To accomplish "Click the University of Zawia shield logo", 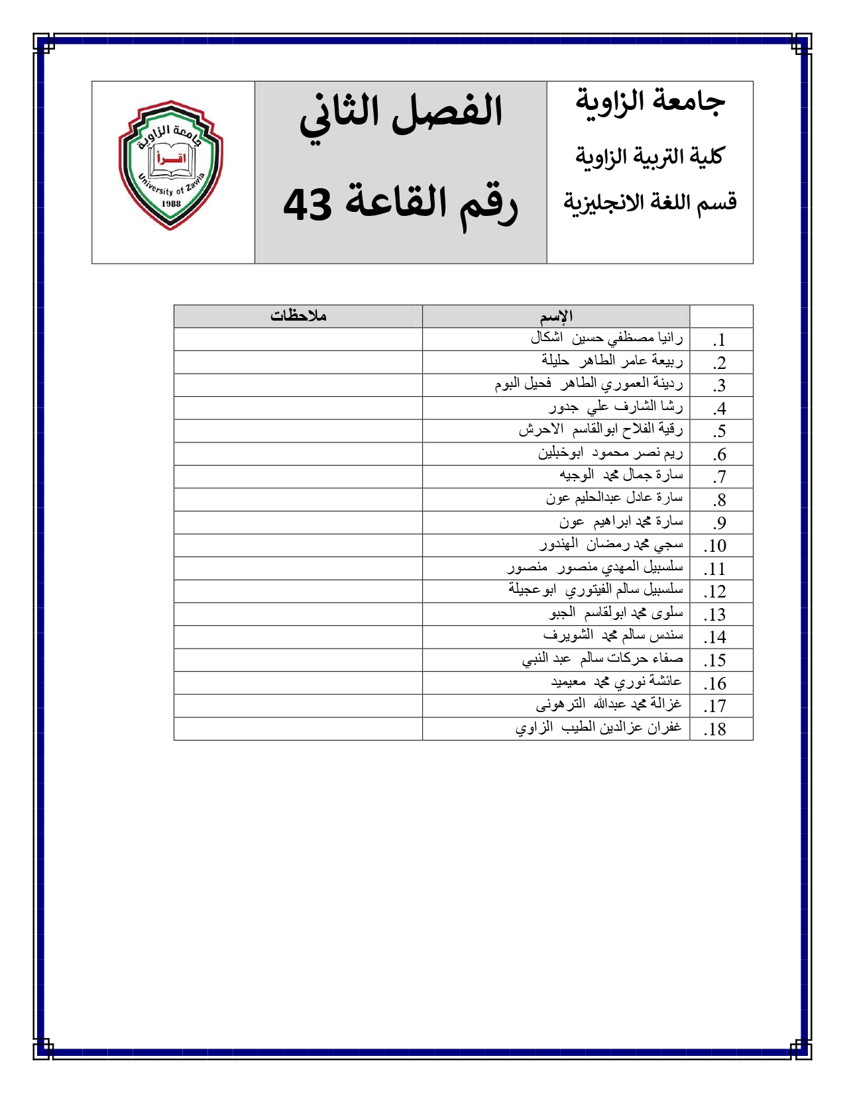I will click(x=171, y=165).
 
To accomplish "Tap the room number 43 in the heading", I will click(x=308, y=205).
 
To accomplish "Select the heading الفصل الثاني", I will click(x=401, y=113).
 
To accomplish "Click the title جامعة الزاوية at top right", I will click(x=650, y=101).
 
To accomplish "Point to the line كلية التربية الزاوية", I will click(x=649, y=157).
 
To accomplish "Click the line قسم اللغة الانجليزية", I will click(x=650, y=202).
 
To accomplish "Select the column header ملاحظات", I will click(x=298, y=316).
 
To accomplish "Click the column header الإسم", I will click(x=556, y=316).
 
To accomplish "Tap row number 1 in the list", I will click(x=719, y=340).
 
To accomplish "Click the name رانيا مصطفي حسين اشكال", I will click(x=606, y=338).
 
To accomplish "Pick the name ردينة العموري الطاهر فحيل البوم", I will click(x=589, y=384).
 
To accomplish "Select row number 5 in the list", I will click(x=719, y=432).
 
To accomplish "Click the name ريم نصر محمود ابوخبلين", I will click(x=610, y=453).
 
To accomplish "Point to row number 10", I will click(x=715, y=546).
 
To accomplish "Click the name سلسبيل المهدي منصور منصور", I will click(x=595, y=568).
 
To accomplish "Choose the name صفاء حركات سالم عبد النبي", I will click(x=602, y=659).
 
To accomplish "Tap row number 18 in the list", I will click(x=715, y=729).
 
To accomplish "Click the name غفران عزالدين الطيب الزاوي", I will click(x=598, y=728).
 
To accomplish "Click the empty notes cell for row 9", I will click(x=298, y=523).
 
